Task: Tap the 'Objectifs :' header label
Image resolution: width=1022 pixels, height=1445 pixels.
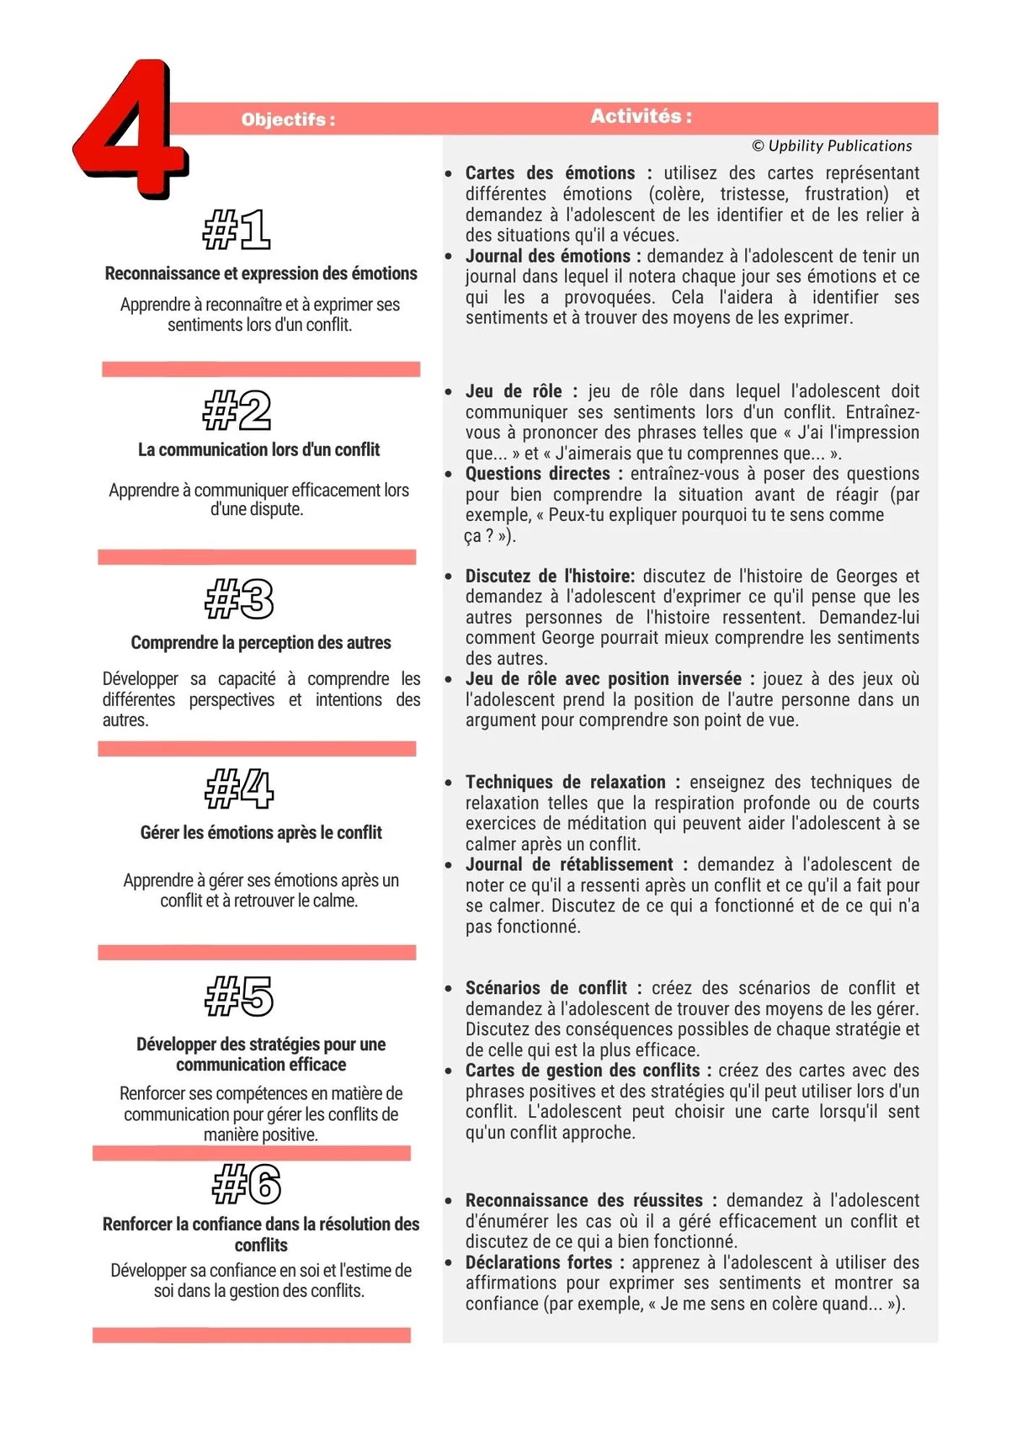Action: coord(288,120)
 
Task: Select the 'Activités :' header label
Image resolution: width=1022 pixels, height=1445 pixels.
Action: coord(641,116)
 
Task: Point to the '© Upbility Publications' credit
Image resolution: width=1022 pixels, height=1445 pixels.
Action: coord(832,146)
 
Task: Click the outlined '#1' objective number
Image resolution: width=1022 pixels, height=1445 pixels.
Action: coord(237,230)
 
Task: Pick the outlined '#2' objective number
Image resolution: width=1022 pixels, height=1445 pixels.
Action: coord(237,410)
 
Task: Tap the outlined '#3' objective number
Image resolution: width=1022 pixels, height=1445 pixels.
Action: coord(239,599)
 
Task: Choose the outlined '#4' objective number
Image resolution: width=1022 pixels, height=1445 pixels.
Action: coord(239,789)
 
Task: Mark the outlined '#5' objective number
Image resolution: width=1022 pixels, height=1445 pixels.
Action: coord(239,996)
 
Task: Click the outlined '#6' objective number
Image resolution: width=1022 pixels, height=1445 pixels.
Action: coord(246,1184)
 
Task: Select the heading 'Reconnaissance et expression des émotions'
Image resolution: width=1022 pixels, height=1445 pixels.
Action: coord(261,274)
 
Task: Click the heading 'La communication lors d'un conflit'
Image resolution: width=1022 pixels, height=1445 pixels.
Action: coord(258,449)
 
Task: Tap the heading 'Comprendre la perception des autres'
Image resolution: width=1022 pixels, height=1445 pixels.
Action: coord(261,642)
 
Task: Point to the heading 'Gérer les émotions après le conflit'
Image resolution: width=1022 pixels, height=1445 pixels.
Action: coord(261,832)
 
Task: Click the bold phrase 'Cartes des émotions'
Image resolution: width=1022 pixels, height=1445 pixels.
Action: coord(550,173)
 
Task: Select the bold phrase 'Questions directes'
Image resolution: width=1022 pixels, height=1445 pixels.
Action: coord(537,474)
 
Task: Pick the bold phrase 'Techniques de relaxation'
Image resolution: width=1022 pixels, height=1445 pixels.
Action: coord(565,782)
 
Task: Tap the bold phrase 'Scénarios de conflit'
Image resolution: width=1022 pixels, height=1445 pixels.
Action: coord(546,988)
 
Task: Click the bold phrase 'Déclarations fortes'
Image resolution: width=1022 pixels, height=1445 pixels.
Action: coord(539,1262)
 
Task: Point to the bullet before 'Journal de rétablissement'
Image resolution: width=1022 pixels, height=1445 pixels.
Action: coord(449,865)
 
